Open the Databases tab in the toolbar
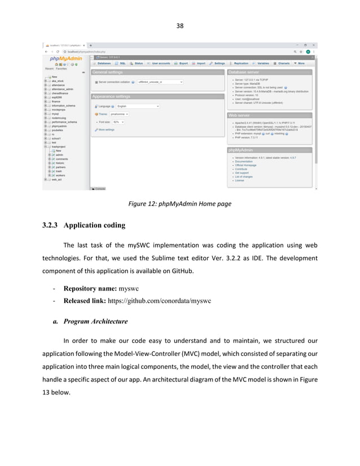(103, 63)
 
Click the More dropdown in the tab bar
(301, 63)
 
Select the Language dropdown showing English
(138, 105)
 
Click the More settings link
(106, 129)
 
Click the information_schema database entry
(63, 105)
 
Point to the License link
(240, 181)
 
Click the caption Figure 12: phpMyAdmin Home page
(179, 204)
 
